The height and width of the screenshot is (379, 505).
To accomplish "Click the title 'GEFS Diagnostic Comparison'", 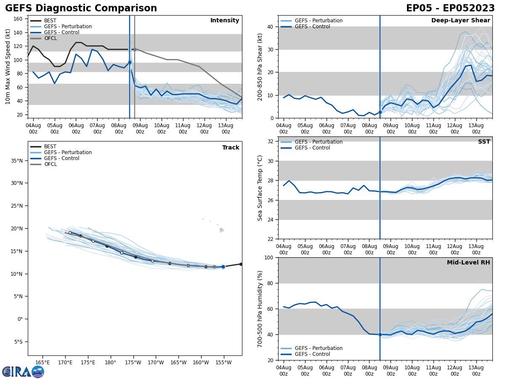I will (x=81, y=8).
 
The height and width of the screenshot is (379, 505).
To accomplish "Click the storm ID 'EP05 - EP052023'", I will (x=450, y=8).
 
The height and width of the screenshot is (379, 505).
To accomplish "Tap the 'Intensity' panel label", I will (x=225, y=21).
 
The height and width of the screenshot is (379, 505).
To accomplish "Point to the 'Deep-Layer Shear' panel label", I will (x=460, y=21).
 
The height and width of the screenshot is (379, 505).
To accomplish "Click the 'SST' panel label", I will (x=484, y=142).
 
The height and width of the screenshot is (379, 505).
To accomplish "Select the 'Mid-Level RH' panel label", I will (x=468, y=263).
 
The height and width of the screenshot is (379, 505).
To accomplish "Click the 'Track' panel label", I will (x=231, y=148).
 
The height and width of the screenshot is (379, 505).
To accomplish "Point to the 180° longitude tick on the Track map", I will (x=110, y=362).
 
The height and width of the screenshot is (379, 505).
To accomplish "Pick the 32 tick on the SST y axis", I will (x=271, y=141).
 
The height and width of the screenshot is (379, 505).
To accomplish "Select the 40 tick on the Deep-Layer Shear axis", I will (x=271, y=27).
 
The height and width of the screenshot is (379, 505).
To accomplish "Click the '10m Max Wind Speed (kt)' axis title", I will (x=8, y=67).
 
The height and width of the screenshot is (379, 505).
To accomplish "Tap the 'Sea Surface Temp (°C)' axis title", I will (x=260, y=188).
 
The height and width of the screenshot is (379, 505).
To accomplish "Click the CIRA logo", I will (x=23, y=371).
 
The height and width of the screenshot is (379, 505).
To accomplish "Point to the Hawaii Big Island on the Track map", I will (x=221, y=230).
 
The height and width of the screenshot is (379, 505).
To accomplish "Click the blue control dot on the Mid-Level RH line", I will (x=380, y=334).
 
